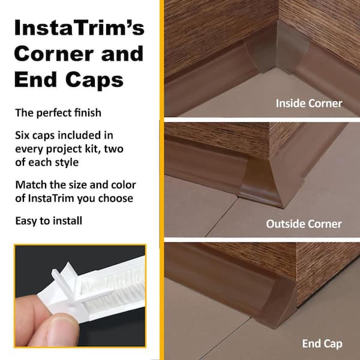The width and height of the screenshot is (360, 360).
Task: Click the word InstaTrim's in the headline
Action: point(79,28)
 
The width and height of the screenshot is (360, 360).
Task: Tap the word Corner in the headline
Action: point(53,53)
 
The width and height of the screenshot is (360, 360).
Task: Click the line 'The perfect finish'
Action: point(58,113)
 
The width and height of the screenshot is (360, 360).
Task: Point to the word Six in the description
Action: point(22,135)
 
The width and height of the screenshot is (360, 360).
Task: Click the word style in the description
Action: point(67,163)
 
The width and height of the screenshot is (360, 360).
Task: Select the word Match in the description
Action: point(31,185)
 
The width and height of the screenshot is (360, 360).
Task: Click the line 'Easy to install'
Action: point(49,221)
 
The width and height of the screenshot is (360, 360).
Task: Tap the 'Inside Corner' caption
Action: point(309,103)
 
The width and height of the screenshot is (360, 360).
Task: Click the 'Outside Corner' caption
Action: point(304,224)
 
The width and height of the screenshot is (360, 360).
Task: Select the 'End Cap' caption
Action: point(322,344)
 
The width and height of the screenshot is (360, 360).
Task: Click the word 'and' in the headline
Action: point(122,53)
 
